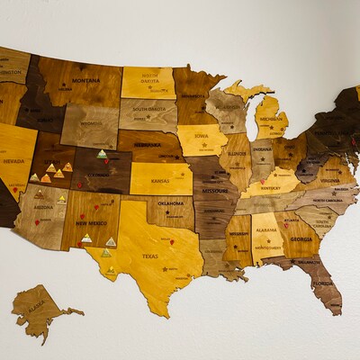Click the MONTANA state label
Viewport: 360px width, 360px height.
point(86,80)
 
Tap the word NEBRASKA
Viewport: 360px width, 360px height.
point(147,144)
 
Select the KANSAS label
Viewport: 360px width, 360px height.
point(160,181)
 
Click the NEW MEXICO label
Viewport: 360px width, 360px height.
point(91,222)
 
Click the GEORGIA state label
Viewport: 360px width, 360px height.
point(301,238)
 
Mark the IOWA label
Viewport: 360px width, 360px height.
point(202,135)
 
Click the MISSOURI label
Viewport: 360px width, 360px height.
point(214,191)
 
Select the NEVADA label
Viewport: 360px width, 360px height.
point(13,161)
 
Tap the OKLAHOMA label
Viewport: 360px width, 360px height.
point(170,203)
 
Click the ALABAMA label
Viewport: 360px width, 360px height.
point(267,229)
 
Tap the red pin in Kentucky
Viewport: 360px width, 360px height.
point(262,181)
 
